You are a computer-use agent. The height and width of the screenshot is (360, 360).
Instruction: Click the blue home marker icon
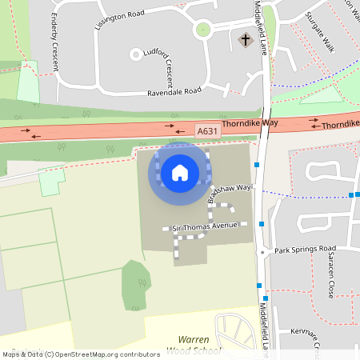[180, 172]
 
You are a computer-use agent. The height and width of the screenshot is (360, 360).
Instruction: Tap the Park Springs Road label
[306, 250]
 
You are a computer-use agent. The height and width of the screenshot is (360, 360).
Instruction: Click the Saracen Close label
[330, 279]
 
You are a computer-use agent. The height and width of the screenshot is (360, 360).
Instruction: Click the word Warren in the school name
[193, 339]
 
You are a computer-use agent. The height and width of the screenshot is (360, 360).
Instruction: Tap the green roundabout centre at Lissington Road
[202, 30]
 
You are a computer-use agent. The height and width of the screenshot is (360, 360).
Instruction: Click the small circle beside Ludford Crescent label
[136, 54]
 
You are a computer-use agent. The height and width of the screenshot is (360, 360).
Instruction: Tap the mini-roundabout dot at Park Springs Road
[262, 251]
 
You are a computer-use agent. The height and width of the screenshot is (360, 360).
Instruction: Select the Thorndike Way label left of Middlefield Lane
[250, 124]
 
